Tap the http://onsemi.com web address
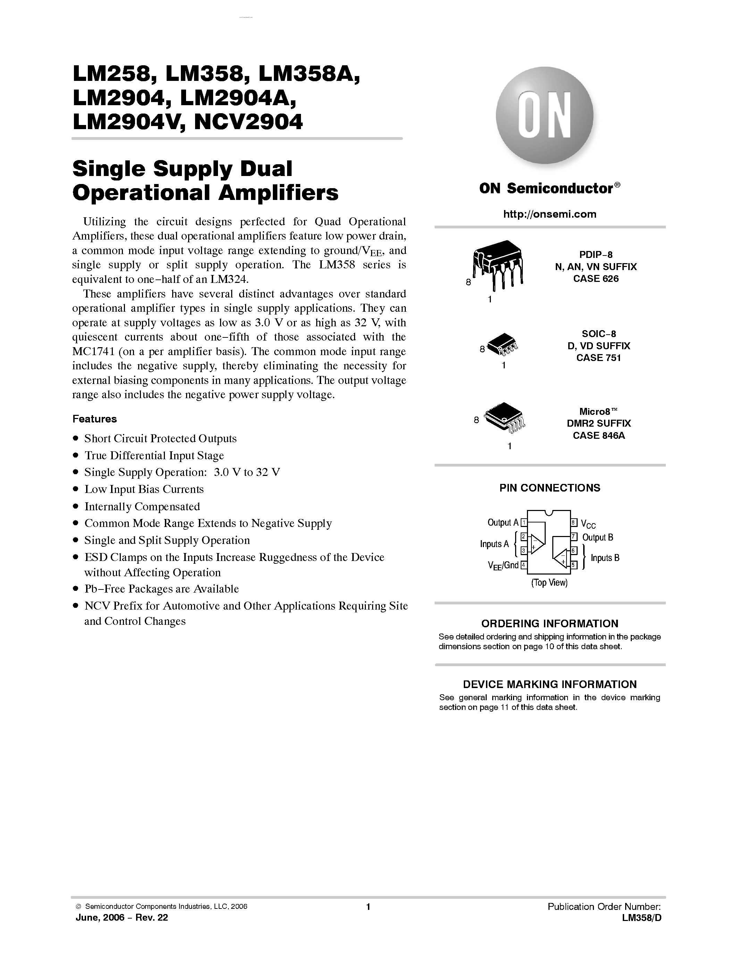550,214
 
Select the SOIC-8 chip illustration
502,346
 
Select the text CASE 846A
598,436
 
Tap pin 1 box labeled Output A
523,522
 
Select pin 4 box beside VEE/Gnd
523,565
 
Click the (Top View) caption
549,583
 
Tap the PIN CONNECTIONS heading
550,488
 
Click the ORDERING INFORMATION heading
550,623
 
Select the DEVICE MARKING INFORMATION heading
550,684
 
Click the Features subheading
94,419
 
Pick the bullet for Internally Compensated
76,506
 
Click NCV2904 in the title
248,122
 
